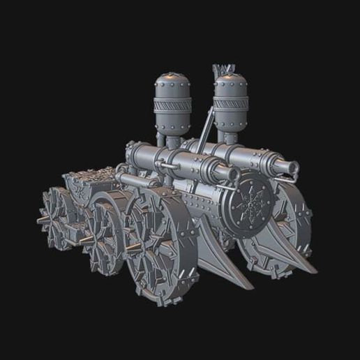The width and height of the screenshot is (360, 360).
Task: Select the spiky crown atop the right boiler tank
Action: tap(224, 70)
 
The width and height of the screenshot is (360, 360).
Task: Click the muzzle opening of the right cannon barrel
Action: tap(290, 167)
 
